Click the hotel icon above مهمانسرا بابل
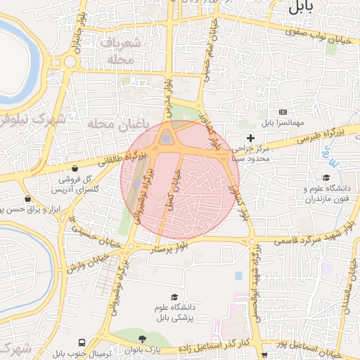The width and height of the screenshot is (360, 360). tap(283, 112)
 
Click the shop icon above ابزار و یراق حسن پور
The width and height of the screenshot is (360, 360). tap(27, 199)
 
